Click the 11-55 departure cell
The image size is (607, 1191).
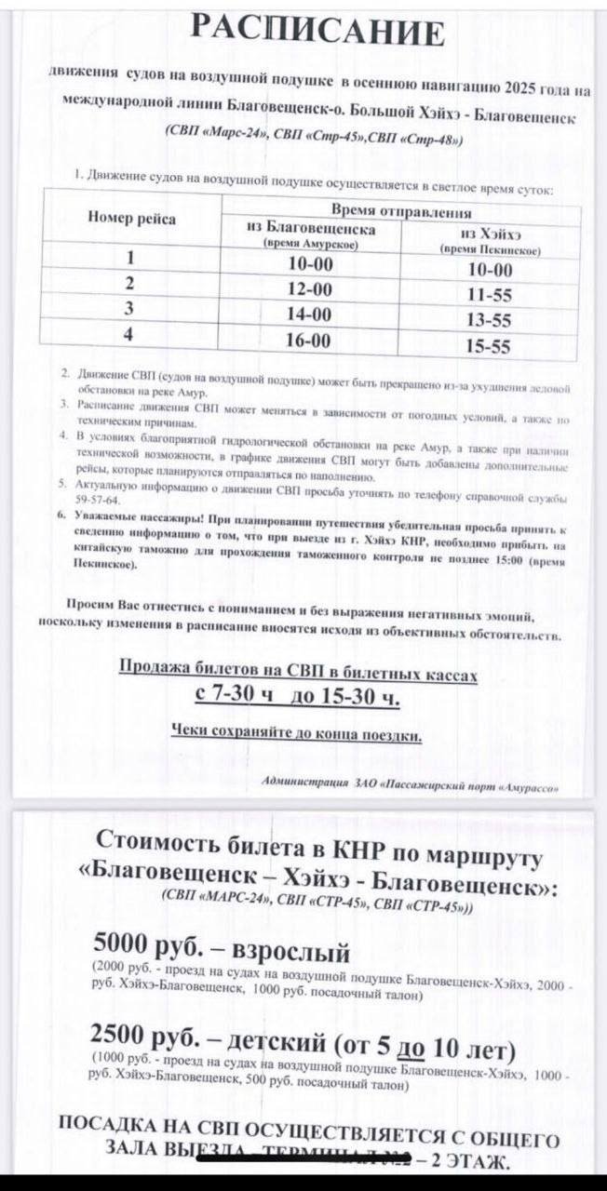pos(489,295)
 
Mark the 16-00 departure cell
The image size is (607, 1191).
pos(308,340)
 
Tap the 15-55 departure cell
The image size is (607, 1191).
pos(489,346)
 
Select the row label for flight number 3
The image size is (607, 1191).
pos(129,309)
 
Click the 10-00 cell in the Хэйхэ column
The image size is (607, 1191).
pos(490,270)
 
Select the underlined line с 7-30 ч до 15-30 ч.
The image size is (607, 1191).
pos(298,696)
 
